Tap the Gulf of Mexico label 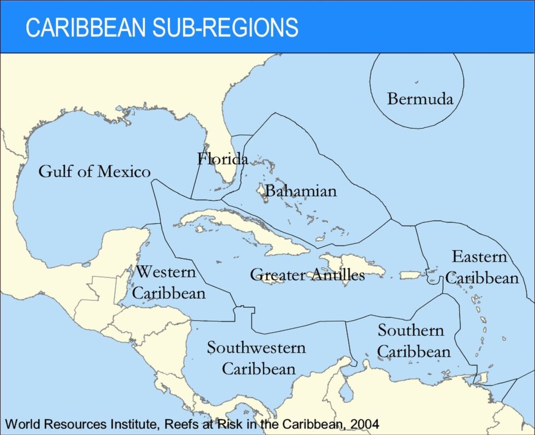coord(94,171)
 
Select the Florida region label coord(222,159)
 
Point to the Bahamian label coord(301,191)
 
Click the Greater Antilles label coord(307,275)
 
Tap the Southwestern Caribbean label coord(257,357)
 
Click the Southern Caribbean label coord(413,341)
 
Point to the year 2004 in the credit coord(364,424)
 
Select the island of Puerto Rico coord(414,276)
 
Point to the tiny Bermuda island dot coord(416,82)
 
